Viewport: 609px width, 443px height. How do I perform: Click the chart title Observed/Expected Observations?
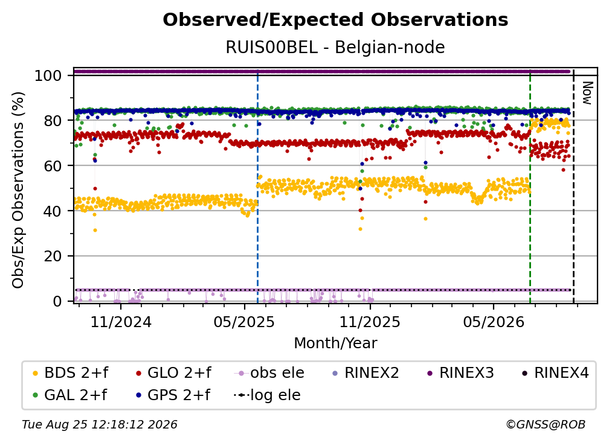click(335, 20)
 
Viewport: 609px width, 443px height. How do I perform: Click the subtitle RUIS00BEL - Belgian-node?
click(335, 48)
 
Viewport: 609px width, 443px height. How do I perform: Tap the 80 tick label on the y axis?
click(53, 121)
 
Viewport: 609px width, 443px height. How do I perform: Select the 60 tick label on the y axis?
click(53, 165)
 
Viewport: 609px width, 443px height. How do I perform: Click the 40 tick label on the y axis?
click(53, 211)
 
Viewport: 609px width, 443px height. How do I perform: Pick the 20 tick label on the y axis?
click(53, 256)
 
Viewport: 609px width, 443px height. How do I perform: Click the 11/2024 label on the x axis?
click(121, 322)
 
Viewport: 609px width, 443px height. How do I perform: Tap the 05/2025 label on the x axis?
click(244, 322)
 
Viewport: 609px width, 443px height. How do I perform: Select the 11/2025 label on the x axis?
click(370, 322)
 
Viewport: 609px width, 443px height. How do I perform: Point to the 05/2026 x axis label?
click(494, 322)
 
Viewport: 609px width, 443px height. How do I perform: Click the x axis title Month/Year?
click(335, 343)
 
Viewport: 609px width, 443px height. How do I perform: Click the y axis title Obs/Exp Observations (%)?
click(18, 190)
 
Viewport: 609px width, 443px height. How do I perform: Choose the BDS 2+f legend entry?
click(70, 373)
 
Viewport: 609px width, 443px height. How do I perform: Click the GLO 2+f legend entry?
click(173, 373)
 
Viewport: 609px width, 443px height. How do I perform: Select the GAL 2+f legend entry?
click(70, 395)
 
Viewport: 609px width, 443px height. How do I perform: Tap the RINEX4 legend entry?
click(555, 373)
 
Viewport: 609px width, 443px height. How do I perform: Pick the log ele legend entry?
click(267, 395)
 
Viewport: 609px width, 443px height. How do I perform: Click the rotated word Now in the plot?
click(587, 93)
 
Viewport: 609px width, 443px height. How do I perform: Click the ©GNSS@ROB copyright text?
click(546, 425)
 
